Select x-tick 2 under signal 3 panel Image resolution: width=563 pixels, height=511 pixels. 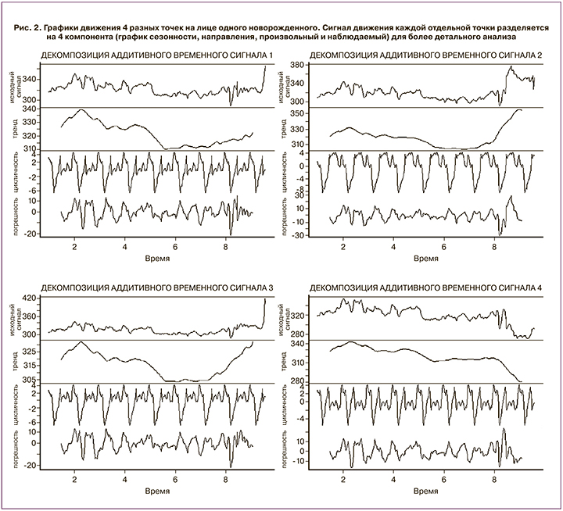[x=75, y=479]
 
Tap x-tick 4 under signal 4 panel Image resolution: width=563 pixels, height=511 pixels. [x=393, y=479]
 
